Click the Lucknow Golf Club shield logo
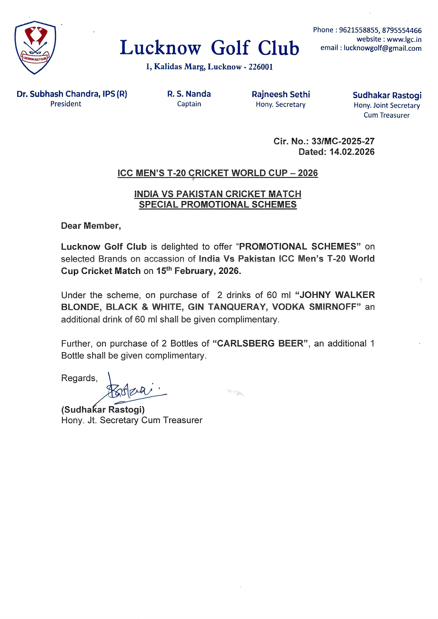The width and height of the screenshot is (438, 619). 35,47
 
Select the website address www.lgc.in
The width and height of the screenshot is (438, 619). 404,39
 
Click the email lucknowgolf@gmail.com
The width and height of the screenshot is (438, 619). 382,49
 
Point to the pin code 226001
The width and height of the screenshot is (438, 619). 261,67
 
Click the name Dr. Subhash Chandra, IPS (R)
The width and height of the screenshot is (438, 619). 72,94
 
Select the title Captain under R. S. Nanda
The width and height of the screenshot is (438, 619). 189,104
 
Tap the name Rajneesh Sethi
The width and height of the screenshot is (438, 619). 281,94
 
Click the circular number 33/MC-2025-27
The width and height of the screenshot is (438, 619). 343,141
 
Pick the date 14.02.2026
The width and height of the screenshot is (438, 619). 352,152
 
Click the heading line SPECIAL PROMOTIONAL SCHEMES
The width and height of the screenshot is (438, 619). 218,204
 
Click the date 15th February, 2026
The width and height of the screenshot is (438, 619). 199,271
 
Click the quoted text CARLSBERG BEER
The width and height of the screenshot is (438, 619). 260,343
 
